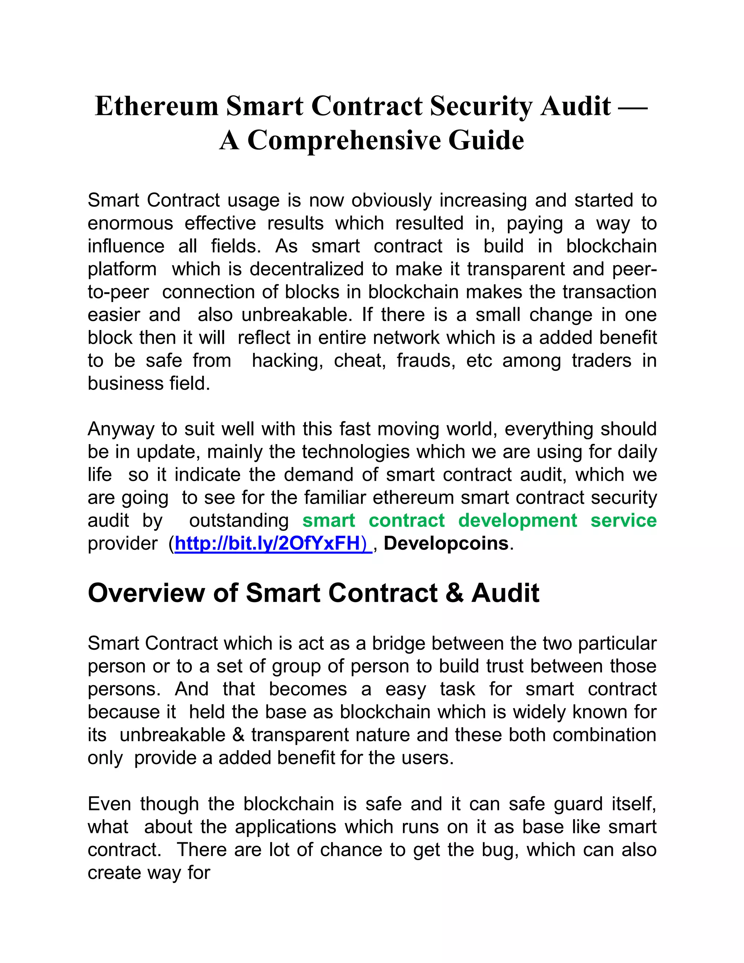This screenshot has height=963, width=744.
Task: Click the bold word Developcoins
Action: [x=446, y=543]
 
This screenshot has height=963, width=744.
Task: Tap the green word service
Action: [x=623, y=520]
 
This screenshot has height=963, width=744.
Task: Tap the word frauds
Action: [x=426, y=361]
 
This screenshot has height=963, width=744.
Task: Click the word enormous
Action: [x=130, y=223]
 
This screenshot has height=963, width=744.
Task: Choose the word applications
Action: [x=286, y=827]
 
